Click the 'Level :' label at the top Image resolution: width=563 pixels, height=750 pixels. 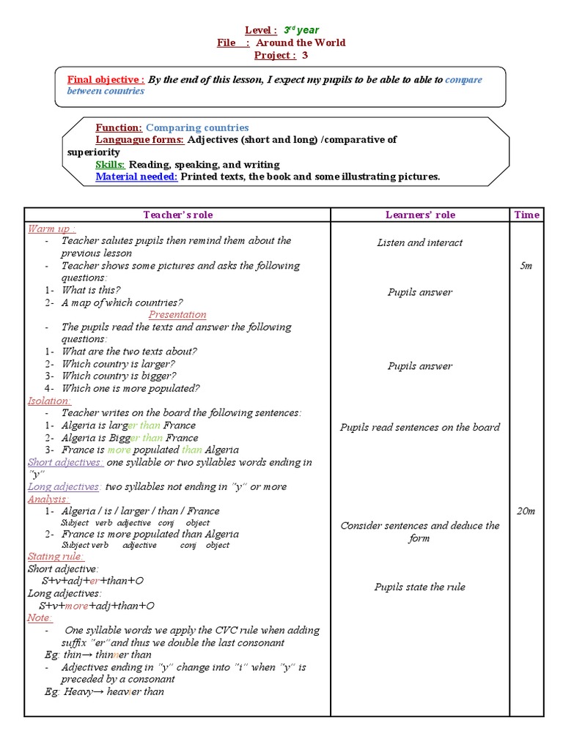pos(260,30)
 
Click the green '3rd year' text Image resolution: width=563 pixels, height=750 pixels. pos(301,30)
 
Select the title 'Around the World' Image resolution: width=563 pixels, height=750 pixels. pos(301,42)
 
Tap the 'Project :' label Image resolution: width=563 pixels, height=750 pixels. pos(275,55)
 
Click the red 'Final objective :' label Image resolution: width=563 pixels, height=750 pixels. pos(106,80)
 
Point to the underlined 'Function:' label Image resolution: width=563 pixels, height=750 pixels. pos(119,127)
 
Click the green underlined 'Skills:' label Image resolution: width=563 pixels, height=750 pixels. pos(110,164)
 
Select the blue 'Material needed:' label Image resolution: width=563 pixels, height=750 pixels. pos(136,177)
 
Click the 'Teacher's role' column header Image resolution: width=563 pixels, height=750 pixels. pos(177,215)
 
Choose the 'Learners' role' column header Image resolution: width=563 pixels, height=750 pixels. pos(420,215)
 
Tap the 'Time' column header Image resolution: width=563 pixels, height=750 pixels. pos(526,215)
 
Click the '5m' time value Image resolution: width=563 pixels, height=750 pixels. pos(526,266)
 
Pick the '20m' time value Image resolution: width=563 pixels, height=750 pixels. pos(526,511)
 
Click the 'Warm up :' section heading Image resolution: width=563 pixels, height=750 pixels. pos(52,229)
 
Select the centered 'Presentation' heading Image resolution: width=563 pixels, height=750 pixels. pos(177,315)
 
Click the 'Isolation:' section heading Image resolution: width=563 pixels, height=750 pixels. pos(49,401)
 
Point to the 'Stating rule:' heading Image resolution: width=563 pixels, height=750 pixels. pos(56,557)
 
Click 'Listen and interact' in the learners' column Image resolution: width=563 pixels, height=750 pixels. pos(420,242)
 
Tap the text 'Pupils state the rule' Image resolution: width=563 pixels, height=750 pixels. pos(420,587)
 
